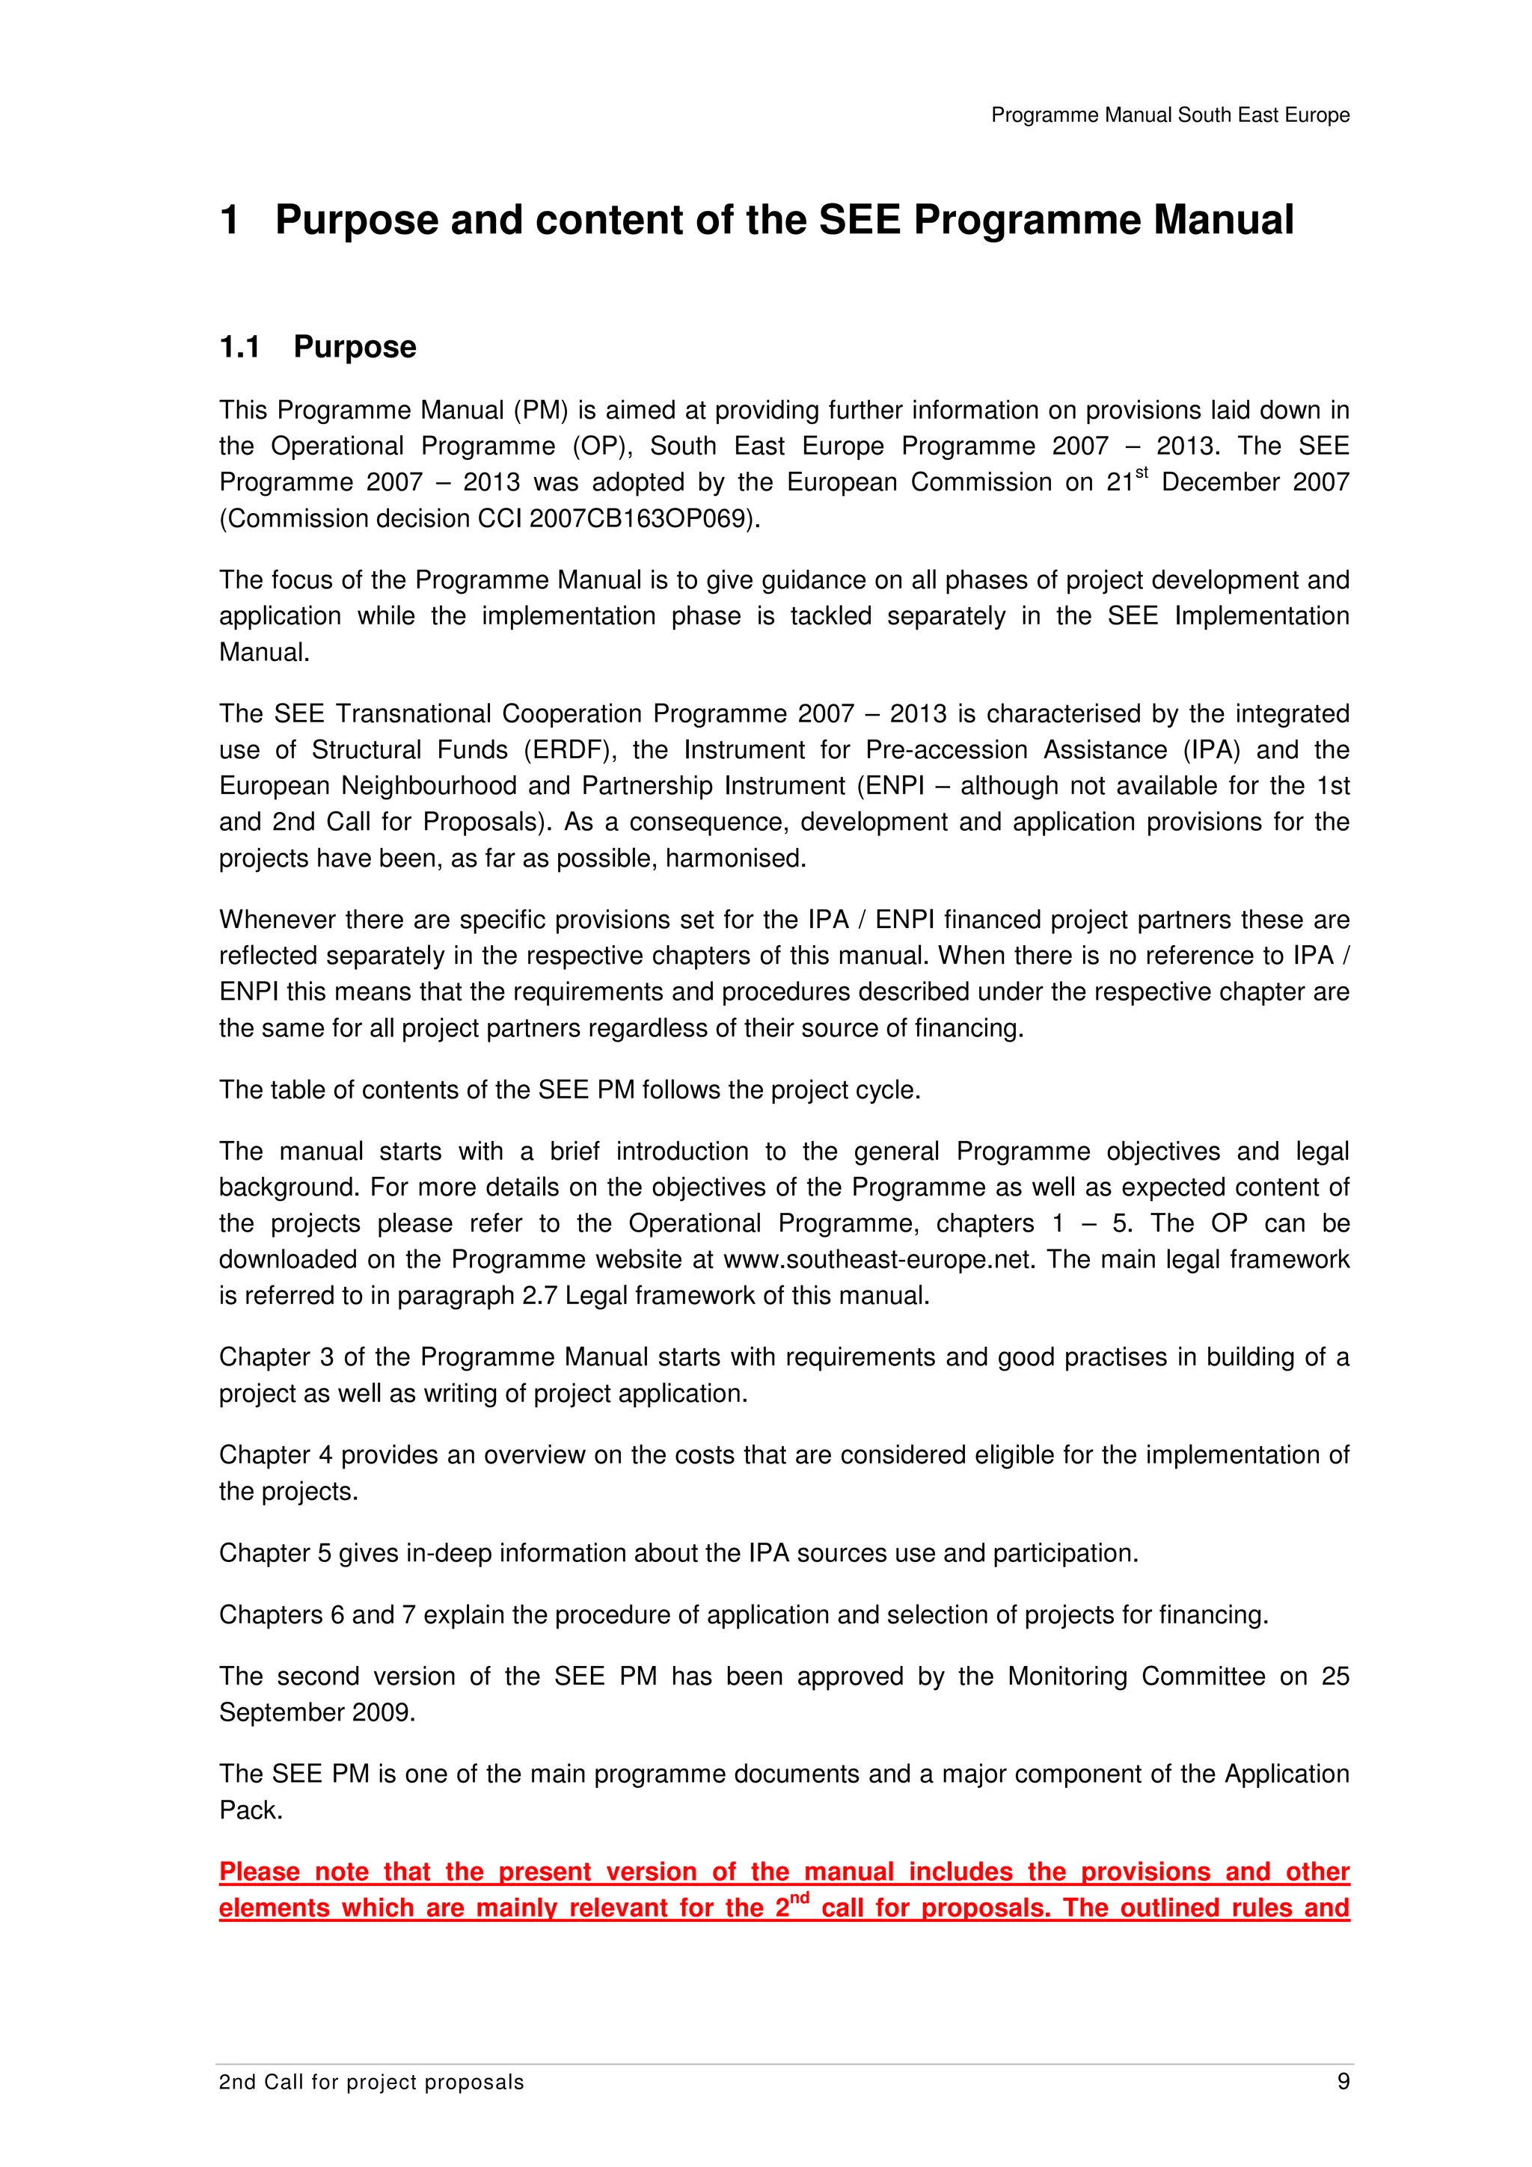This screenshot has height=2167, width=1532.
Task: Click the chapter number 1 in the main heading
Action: (x=230, y=220)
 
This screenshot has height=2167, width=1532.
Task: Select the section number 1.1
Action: (x=240, y=347)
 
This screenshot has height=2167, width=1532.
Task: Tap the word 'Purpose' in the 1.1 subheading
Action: (x=355, y=347)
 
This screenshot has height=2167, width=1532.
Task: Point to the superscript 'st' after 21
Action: (x=1142, y=473)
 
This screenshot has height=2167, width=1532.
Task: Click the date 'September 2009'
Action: (x=317, y=1713)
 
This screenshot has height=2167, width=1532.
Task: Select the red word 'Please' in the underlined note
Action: (x=260, y=1872)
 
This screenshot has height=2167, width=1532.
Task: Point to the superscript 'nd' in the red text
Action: (x=800, y=1898)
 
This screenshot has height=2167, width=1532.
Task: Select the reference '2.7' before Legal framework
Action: (x=540, y=1296)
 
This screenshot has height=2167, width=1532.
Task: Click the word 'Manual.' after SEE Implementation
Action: (x=264, y=652)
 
